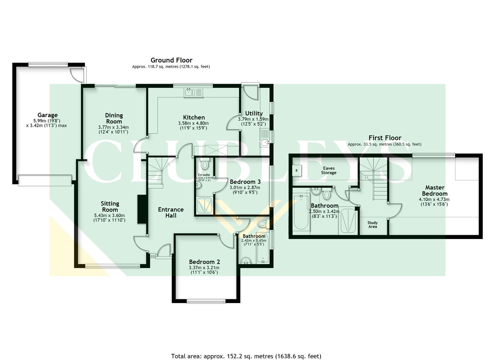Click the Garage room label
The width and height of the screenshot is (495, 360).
point(47,115)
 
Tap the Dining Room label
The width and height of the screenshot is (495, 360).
point(114,118)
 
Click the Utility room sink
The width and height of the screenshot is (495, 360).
point(265,142)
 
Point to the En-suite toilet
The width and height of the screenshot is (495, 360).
point(205,164)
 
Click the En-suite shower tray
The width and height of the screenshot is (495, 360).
point(204,206)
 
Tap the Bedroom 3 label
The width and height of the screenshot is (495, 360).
point(245,182)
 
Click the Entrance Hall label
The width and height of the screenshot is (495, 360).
point(171,212)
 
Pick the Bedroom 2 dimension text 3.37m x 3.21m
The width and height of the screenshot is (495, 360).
point(204,267)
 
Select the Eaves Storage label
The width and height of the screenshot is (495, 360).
point(328,171)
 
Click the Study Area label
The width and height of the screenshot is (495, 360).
point(372,225)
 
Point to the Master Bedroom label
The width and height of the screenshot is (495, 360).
point(435,190)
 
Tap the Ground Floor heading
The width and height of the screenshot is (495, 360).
point(171,60)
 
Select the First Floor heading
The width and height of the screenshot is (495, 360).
point(385,138)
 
